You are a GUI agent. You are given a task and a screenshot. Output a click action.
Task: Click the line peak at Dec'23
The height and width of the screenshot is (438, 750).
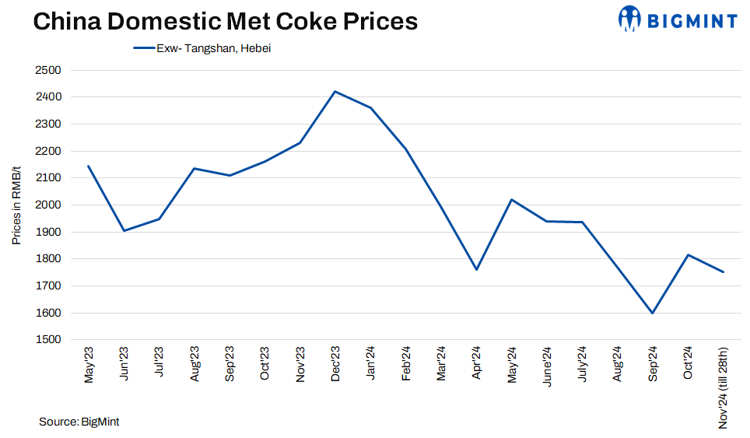point(335,92)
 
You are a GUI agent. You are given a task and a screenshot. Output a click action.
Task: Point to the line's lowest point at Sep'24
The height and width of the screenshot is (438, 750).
point(652,313)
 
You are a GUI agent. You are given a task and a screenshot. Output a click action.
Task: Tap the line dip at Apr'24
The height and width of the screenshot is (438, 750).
point(476,269)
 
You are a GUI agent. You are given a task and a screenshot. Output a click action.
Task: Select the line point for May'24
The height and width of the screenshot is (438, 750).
point(511,200)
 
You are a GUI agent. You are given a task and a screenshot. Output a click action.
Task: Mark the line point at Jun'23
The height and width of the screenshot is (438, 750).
point(124,230)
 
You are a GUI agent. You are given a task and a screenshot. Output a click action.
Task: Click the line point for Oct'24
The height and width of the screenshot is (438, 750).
point(688,254)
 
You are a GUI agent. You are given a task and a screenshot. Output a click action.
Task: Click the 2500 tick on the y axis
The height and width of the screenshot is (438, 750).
point(48,70)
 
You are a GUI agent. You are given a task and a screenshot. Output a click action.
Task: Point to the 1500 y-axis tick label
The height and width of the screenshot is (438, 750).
point(48,340)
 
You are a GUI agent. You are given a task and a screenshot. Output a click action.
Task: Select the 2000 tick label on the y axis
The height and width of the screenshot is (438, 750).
point(48,205)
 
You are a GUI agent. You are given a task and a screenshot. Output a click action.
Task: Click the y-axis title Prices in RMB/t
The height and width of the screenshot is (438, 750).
point(16,205)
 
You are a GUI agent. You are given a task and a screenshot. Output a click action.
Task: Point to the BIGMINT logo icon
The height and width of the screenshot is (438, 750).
point(629,18)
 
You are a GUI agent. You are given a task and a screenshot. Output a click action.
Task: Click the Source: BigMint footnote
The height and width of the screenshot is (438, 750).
point(79,422)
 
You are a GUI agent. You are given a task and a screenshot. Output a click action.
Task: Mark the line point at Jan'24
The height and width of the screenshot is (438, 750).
point(370,107)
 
